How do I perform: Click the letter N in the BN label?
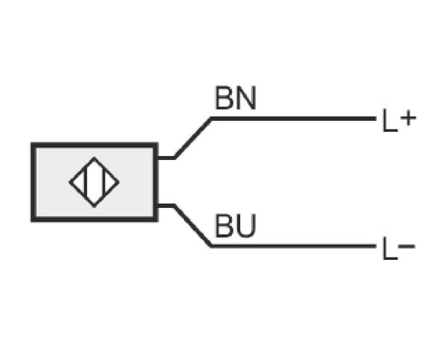pyautogui.click(x=246, y=98)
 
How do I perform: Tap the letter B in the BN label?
pyautogui.click(x=224, y=98)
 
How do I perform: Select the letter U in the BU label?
pyautogui.click(x=246, y=226)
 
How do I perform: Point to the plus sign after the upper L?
pyautogui.click(x=408, y=118)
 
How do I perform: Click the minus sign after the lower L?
pyautogui.click(x=406, y=246)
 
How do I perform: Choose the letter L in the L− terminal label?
pyautogui.click(x=390, y=248)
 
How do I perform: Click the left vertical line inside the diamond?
pyautogui.click(x=86, y=182)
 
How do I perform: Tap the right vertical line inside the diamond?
pyautogui.click(x=104, y=182)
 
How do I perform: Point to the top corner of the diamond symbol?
pyautogui.click(x=94, y=158)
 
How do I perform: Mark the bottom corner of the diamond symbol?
pyautogui.click(x=94, y=207)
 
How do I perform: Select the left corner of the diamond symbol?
pyautogui.click(x=70, y=182)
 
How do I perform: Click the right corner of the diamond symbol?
pyautogui.click(x=119, y=182)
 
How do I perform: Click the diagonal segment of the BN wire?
pyautogui.click(x=193, y=138)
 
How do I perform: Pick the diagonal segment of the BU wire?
pyautogui.click(x=193, y=226)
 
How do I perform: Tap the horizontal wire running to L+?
pyautogui.click(x=294, y=118)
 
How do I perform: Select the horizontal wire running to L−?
pyautogui.click(x=294, y=246)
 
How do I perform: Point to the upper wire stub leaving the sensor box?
pyautogui.click(x=166, y=158)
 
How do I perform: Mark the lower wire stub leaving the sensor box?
pyautogui.click(x=166, y=206)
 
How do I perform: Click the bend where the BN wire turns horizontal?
pyautogui.click(x=211, y=118)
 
